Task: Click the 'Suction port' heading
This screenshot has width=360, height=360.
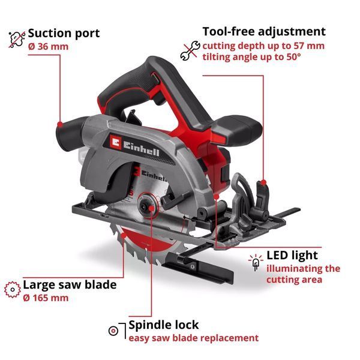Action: (x=64, y=34)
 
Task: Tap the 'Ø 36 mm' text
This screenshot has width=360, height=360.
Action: (x=48, y=47)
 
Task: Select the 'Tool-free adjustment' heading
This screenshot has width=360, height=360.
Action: (x=264, y=32)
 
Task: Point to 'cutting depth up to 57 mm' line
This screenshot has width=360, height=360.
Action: (x=263, y=46)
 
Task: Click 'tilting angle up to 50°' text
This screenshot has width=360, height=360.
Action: (x=251, y=57)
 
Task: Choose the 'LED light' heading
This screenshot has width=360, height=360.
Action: (x=292, y=256)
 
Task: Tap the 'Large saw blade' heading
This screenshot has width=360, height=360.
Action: (x=70, y=284)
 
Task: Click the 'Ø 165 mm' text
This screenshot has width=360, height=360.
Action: (x=46, y=298)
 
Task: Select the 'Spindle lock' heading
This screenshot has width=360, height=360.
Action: (x=163, y=325)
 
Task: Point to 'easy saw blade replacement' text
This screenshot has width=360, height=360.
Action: (x=194, y=338)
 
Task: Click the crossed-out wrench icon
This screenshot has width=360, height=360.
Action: (x=190, y=51)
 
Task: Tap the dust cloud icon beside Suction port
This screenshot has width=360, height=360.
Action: (x=17, y=39)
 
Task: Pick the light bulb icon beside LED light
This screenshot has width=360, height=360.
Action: (x=256, y=262)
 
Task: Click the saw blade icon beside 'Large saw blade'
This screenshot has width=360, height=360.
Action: (x=13, y=290)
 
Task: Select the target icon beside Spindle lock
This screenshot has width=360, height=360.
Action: (x=113, y=331)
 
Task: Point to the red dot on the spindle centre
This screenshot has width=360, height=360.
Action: (x=151, y=208)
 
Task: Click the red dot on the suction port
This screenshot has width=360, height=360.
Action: (x=60, y=124)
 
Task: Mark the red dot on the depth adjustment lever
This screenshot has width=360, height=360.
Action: (x=263, y=182)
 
